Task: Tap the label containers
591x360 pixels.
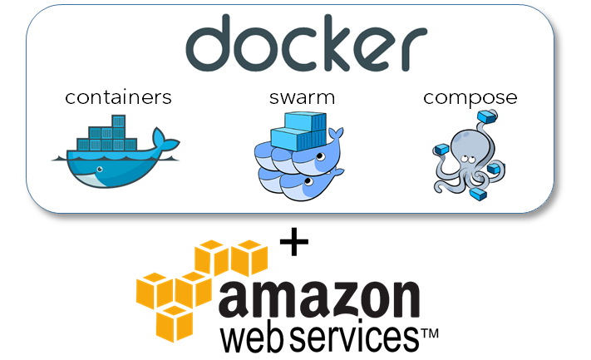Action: (x=118, y=97)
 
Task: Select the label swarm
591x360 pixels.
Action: (x=302, y=97)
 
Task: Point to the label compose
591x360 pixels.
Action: (x=470, y=97)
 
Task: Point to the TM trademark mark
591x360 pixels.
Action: (x=428, y=333)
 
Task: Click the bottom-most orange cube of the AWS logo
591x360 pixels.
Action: (x=177, y=323)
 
